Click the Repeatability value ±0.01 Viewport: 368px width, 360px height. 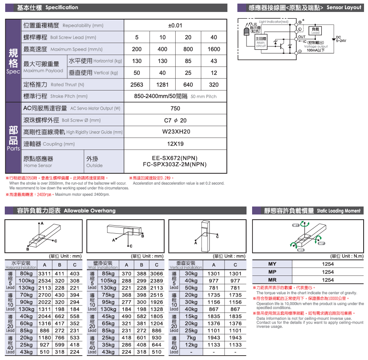pos(175,26)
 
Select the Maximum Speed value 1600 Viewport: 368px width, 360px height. pos(214,49)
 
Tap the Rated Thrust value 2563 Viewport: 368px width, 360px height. pos(137,85)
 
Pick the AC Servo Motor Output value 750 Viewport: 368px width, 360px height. pos(175,108)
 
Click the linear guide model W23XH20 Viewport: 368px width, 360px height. pos(175,132)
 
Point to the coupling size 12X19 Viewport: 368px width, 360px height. pos(175,144)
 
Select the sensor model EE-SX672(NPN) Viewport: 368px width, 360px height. pos(175,158)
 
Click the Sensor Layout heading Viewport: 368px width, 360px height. pos(305,8)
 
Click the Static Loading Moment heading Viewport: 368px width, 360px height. pos(312,210)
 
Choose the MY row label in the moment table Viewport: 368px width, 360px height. pos(272,264)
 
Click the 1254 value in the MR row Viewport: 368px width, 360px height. pos(328,280)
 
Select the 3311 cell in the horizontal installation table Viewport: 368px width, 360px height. pos(45,274)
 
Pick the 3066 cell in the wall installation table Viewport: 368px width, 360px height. pos(156,274)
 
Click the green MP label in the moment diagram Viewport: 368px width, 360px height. pos(321,243)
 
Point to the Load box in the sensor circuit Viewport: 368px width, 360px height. pos(315,31)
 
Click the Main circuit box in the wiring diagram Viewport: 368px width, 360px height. pos(261,41)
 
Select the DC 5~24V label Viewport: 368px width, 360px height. pos(341,39)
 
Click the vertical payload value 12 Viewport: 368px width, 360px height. pos(214,73)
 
